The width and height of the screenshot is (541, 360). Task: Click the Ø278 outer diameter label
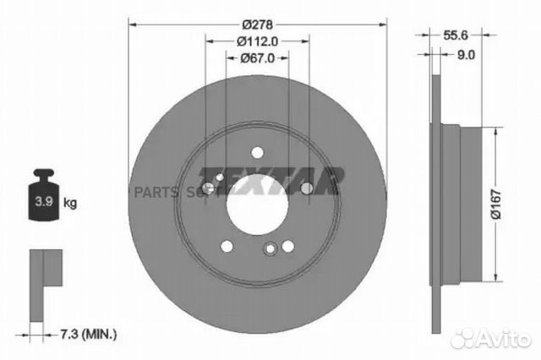click(x=257, y=25)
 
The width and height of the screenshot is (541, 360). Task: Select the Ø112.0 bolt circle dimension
click(x=257, y=41)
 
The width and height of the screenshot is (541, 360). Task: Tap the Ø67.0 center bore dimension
click(x=257, y=57)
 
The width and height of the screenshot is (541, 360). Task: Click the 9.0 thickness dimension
click(x=467, y=52)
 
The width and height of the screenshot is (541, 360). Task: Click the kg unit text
click(x=70, y=204)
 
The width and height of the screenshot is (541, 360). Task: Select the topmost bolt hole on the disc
click(x=257, y=152)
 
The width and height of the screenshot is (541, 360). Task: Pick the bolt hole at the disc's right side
click(x=307, y=187)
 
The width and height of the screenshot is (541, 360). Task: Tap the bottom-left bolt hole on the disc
click(x=227, y=246)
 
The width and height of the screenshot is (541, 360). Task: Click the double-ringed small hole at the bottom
click(x=270, y=249)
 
